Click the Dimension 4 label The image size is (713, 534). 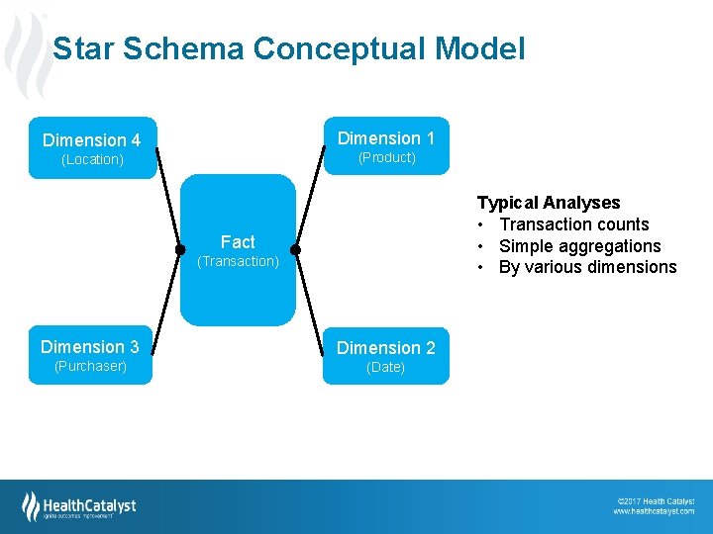point(92,140)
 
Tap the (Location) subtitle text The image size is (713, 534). point(92,159)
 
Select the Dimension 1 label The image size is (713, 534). point(386,138)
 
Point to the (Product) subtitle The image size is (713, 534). point(386,157)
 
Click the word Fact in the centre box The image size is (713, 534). point(238,241)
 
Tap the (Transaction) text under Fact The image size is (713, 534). point(238,261)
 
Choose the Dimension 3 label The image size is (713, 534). point(90,347)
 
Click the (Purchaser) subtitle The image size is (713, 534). point(90,366)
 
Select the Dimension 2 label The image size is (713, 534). point(386,348)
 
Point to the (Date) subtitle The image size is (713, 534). point(385,367)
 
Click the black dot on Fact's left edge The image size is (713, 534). point(180,249)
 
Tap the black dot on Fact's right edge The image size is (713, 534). point(295,249)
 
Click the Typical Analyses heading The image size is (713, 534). point(549,203)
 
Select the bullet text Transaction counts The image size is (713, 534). point(574,224)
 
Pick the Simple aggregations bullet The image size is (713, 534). point(579,246)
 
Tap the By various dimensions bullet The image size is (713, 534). point(588,267)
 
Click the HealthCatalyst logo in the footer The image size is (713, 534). point(79,506)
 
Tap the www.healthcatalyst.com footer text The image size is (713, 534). point(654,511)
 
